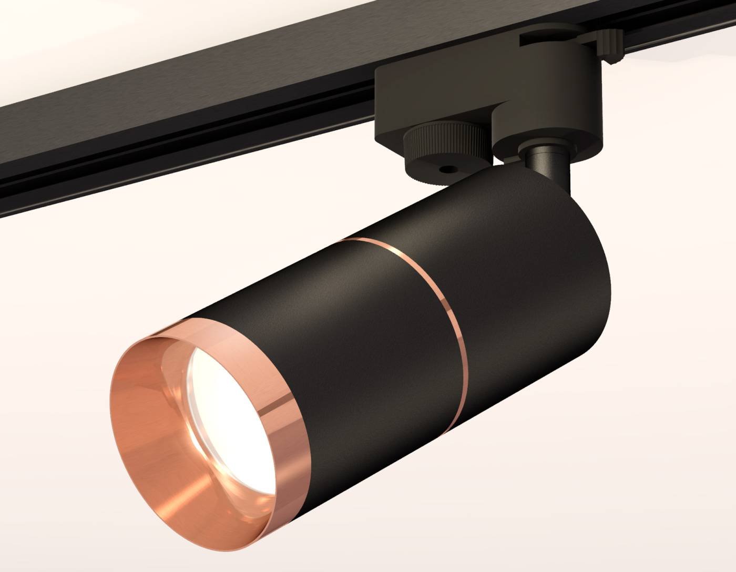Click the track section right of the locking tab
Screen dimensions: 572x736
683,26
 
